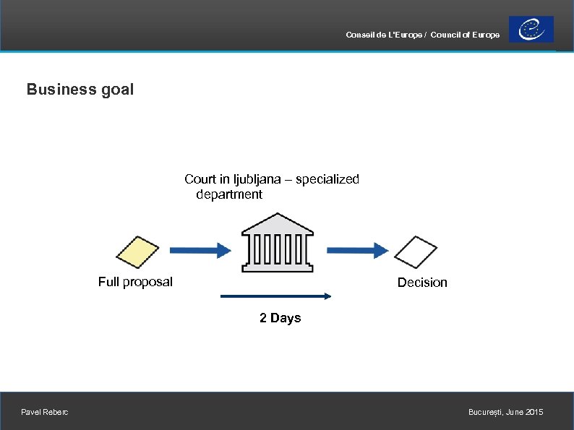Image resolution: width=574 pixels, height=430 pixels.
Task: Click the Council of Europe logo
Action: point(531,30)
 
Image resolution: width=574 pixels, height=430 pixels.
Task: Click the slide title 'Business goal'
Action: point(80,90)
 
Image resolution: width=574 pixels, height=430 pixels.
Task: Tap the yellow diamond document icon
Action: point(137,251)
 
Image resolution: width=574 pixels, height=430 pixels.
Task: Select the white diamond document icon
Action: point(416,251)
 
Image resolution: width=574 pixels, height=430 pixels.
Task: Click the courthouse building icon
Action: point(277,244)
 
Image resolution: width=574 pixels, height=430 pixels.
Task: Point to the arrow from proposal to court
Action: point(200,250)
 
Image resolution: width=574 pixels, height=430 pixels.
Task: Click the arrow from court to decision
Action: point(357,250)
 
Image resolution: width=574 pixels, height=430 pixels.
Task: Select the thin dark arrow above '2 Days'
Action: point(275,296)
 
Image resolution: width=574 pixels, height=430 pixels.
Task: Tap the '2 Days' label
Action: point(280,318)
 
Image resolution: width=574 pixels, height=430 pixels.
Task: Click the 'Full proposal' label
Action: point(135,282)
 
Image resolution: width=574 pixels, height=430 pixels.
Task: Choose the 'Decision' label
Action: point(422,283)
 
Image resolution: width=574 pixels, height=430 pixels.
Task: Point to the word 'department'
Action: point(229,194)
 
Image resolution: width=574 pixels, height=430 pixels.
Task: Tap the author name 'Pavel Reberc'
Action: point(46,412)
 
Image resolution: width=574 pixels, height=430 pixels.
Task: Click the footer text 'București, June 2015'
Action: point(505,412)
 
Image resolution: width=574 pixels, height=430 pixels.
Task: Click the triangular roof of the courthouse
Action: point(277,222)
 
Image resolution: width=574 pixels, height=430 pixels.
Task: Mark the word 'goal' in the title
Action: point(117,90)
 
